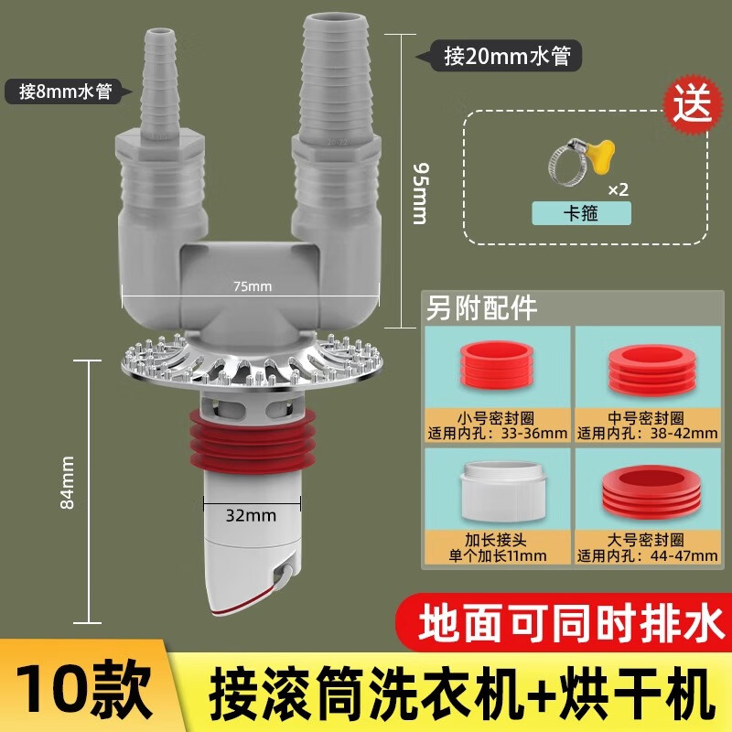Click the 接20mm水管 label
[500, 57]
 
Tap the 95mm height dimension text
[420, 193]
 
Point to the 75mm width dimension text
[253, 286]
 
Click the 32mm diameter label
[252, 515]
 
